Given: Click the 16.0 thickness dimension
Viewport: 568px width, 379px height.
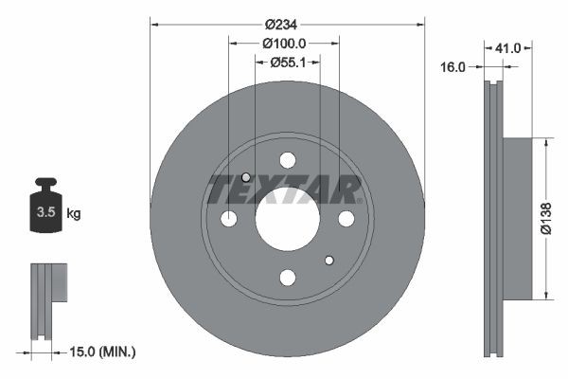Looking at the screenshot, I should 454,66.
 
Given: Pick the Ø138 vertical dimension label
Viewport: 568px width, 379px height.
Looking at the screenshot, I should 545,219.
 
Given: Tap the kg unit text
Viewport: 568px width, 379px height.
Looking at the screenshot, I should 73,213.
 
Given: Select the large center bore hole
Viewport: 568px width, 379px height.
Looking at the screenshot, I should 287,218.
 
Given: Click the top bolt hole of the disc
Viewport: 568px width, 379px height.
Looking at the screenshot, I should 287,159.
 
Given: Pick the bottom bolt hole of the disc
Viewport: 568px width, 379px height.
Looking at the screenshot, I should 287,277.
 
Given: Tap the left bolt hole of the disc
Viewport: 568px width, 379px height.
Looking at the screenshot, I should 228,219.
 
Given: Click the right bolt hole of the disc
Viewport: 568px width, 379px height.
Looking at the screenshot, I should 346,219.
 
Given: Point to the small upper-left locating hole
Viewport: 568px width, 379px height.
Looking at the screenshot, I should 246,177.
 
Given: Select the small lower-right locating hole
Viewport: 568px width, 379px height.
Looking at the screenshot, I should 328,260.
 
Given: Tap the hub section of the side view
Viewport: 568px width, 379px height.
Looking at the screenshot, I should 518,219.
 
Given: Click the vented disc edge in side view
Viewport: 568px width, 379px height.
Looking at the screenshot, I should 491,219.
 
